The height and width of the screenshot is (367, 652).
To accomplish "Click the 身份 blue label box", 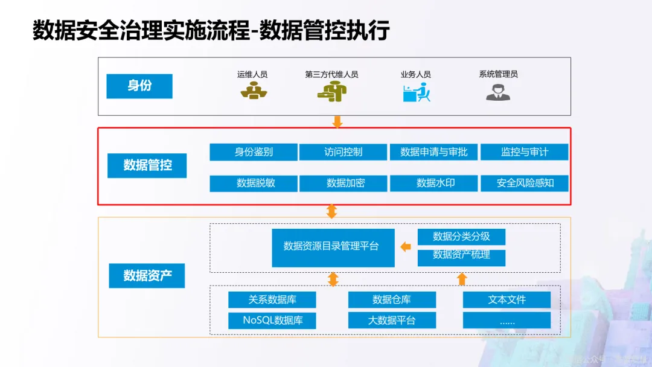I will [x=139, y=86].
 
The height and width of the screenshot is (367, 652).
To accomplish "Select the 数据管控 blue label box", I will [x=147, y=165].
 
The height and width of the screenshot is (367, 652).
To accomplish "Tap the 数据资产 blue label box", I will [x=147, y=276].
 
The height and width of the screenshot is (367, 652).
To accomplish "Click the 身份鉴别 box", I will [x=254, y=152].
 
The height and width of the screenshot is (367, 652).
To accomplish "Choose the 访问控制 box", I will [x=344, y=152].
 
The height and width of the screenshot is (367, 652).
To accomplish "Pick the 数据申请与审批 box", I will [x=433, y=152].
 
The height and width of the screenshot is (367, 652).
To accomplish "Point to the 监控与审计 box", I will [x=524, y=152].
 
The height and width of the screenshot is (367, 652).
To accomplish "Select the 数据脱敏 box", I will [x=254, y=183].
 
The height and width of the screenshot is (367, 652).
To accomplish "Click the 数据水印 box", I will [x=433, y=183].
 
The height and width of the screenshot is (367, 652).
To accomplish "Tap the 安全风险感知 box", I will [x=524, y=183].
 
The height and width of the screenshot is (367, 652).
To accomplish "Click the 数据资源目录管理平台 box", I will [x=333, y=247].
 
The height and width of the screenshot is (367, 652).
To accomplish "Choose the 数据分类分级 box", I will [x=461, y=237].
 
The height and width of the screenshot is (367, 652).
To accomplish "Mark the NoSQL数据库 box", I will [x=272, y=321].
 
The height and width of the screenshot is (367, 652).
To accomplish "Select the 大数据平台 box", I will [x=392, y=321].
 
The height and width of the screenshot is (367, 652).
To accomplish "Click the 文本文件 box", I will [x=507, y=299].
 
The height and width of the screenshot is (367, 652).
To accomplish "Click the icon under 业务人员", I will [x=416, y=92].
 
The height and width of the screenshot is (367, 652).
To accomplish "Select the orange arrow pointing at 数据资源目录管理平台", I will [x=406, y=246].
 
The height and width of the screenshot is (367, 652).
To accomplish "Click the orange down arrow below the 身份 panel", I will [x=337, y=122].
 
